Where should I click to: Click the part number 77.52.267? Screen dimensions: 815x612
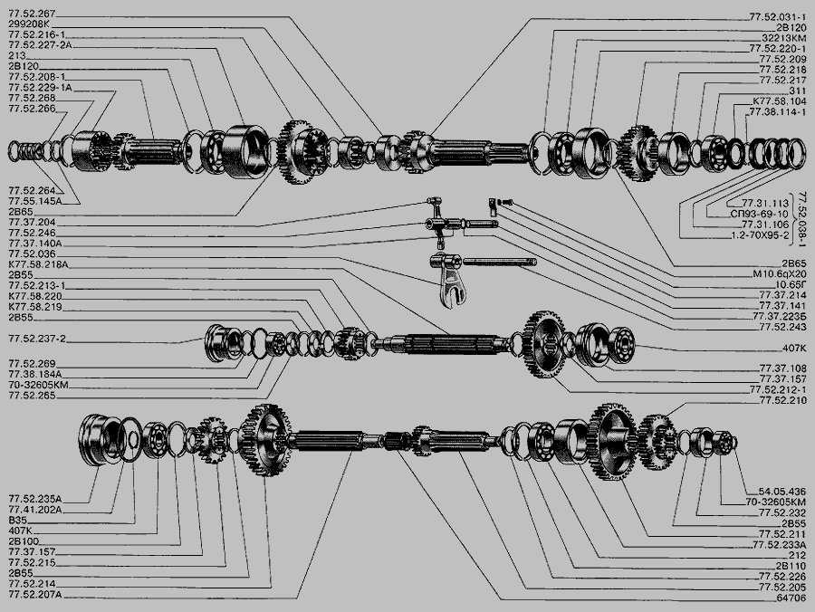(32, 14)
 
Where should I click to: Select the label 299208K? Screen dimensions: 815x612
(30, 24)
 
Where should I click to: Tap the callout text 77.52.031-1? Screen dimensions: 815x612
(778, 16)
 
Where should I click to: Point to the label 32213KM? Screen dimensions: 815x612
(784, 38)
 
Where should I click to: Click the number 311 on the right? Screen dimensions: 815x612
(798, 91)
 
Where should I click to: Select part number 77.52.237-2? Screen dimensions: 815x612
(37, 339)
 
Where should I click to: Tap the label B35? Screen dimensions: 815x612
(18, 520)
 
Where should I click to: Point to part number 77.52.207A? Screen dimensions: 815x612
(34, 595)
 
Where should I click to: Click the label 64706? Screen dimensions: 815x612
(791, 598)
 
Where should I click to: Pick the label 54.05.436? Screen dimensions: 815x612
(782, 491)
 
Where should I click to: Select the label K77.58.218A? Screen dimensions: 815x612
(38, 264)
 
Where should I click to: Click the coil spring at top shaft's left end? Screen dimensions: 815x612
(27, 151)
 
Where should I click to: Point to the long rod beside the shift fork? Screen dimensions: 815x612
(500, 262)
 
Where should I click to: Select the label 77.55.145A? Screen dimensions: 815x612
(34, 201)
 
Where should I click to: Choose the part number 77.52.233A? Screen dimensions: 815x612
(781, 544)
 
